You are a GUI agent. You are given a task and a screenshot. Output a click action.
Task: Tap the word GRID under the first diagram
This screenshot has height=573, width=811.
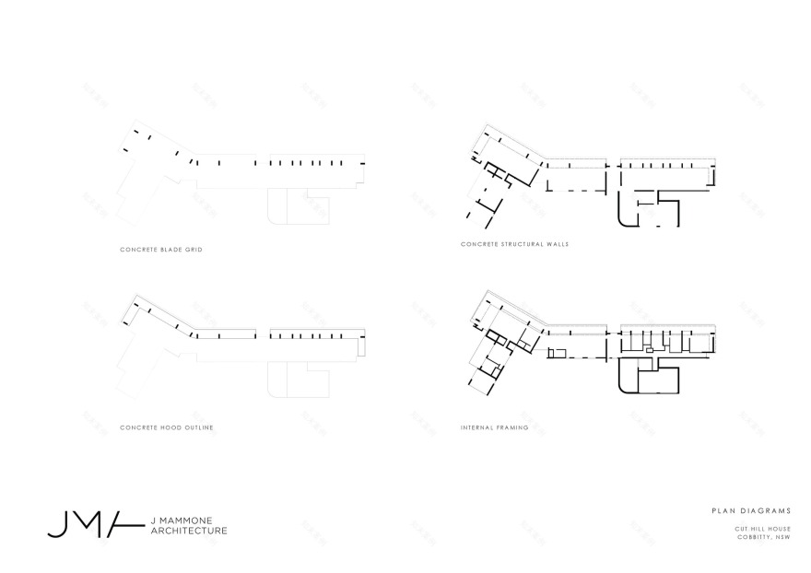[193, 250]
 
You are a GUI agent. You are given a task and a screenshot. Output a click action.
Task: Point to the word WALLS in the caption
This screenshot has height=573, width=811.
[558, 244]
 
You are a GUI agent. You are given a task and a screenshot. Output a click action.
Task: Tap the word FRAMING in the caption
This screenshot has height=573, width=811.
[513, 427]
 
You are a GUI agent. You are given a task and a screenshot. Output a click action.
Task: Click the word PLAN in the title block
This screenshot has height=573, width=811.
[723, 509]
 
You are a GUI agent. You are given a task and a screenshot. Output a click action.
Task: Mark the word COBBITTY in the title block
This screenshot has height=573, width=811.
[753, 536]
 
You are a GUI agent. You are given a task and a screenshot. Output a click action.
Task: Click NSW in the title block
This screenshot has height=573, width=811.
[783, 536]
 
